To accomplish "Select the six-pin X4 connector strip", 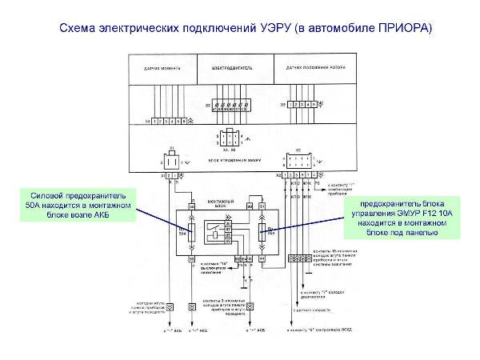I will [x=169, y=121].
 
